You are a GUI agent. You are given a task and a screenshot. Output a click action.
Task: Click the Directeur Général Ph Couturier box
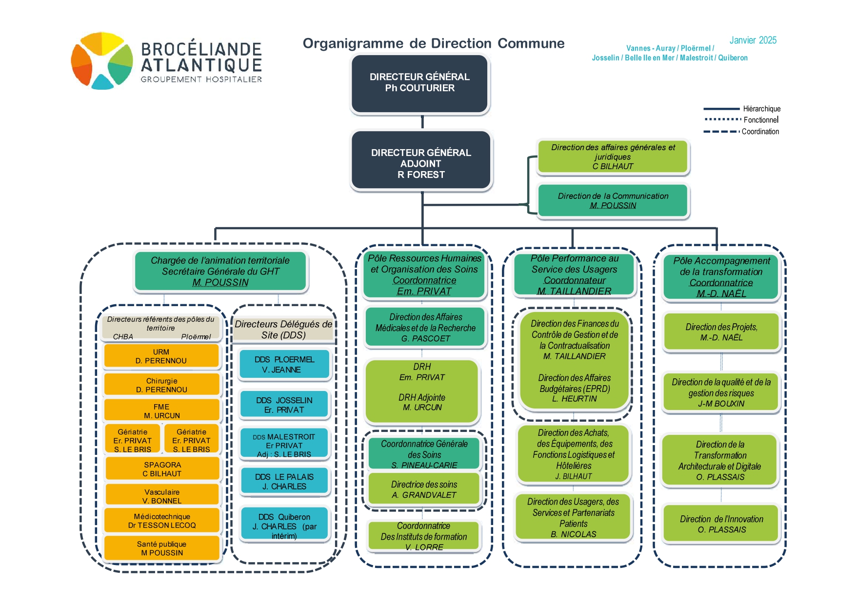420,84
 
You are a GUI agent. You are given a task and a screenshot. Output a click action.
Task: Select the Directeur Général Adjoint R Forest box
421,160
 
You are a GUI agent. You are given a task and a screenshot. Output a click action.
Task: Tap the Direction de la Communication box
613,200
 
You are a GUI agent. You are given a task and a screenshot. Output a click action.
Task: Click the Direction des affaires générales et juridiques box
613,156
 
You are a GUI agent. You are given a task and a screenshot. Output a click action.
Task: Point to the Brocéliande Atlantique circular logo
102,61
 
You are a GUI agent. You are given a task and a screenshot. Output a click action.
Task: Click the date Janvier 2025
753,40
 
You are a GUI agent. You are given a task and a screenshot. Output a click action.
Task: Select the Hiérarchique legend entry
742,109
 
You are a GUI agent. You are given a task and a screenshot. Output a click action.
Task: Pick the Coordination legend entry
741,132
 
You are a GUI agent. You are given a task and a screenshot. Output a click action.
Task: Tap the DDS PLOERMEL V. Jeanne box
284,365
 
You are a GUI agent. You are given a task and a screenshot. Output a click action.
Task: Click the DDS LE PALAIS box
284,481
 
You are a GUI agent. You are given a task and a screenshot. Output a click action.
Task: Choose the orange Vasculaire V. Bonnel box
162,496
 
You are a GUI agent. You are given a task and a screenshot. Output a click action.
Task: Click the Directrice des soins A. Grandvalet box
424,489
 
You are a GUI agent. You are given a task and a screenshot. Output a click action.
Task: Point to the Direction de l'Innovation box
721,524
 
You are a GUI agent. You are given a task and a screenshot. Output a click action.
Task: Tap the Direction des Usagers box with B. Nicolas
573,517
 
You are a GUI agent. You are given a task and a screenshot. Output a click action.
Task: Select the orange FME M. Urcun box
161,410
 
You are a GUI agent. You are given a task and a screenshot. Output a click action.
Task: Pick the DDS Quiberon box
284,526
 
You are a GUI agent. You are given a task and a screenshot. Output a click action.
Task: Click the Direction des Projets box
721,332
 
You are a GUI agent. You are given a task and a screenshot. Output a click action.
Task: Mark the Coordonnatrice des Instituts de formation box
424,536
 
